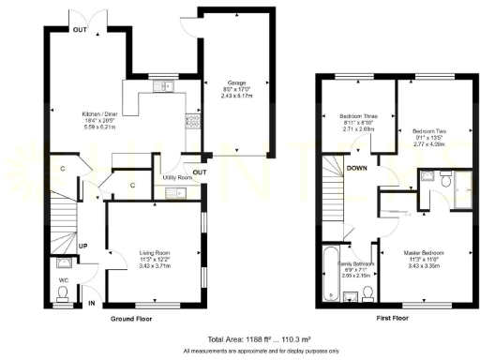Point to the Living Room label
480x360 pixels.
155,252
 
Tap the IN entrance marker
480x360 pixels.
91,304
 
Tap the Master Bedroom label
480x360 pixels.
424,252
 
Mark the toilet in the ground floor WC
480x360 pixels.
62,294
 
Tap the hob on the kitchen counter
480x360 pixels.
192,120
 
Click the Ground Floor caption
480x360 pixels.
130,320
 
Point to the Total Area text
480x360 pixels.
241,338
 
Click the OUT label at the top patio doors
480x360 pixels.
80,30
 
